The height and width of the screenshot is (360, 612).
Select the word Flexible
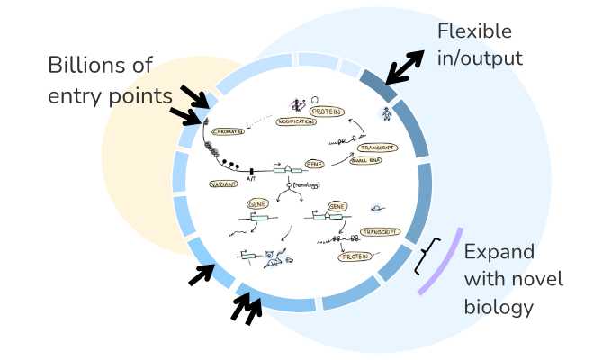pyautogui.click(x=474, y=31)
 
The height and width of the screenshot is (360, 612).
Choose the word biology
pyautogui.click(x=499, y=307)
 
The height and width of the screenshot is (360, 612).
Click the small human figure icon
pyautogui.click(x=386, y=114)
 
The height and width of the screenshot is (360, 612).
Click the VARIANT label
pyautogui.click(x=224, y=184)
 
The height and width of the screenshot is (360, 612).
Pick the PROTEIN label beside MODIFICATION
pyautogui.click(x=326, y=111)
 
